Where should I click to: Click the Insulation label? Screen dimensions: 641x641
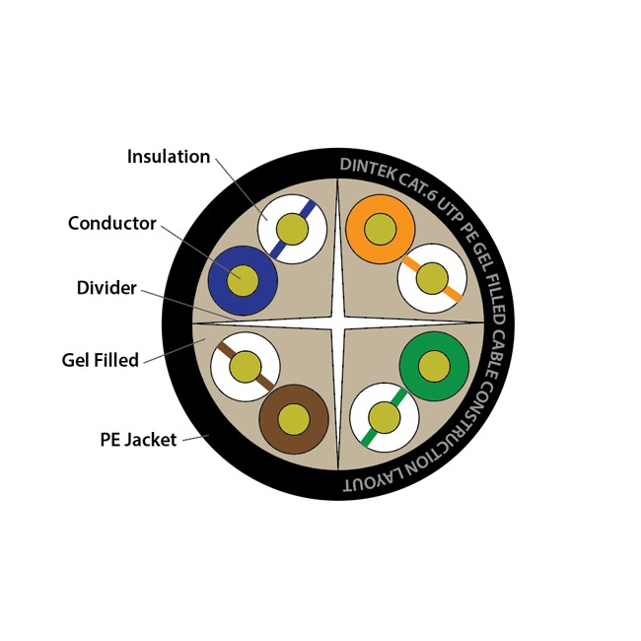click(x=169, y=157)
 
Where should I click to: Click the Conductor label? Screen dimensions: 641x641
click(x=111, y=224)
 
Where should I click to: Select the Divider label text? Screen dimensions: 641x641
click(x=107, y=288)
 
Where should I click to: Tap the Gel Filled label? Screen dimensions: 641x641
click(x=100, y=360)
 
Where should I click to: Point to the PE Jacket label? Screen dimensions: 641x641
click(x=138, y=439)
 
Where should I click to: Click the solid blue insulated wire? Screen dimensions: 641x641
click(x=243, y=281)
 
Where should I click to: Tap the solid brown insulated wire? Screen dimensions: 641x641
click(x=294, y=419)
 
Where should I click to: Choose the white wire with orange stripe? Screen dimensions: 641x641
click(x=432, y=279)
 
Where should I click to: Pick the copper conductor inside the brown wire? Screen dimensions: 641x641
click(x=294, y=419)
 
